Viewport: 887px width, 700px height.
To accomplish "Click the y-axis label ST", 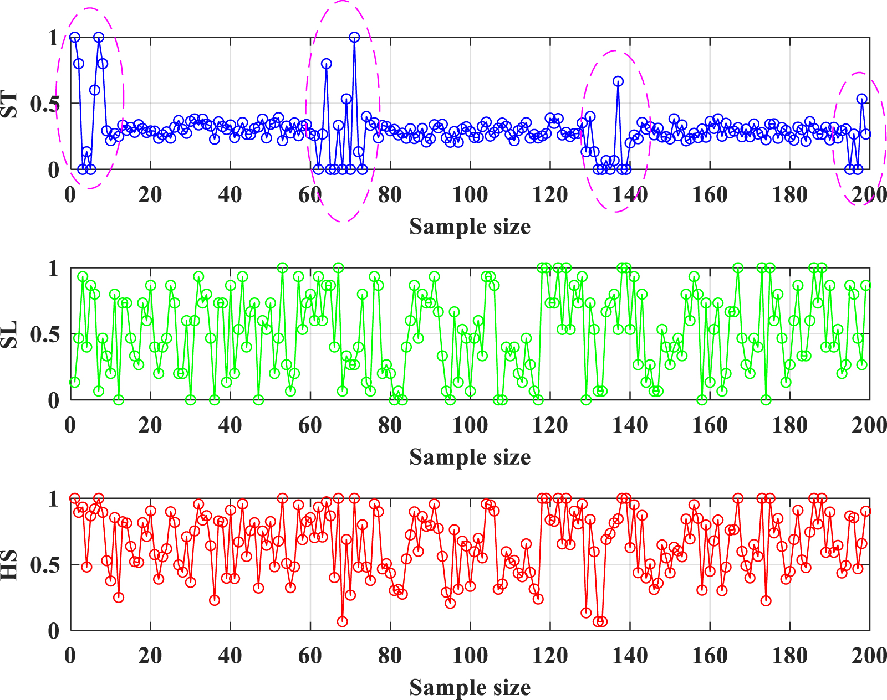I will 9,105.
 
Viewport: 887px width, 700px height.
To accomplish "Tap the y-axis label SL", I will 9,334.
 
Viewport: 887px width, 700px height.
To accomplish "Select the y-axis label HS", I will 9,565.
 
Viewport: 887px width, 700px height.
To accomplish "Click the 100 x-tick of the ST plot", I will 470,195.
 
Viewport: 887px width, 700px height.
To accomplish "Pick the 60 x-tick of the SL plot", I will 310,425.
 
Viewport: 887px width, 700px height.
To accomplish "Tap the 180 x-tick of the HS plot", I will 789,656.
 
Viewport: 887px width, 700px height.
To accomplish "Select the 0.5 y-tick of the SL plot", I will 44,335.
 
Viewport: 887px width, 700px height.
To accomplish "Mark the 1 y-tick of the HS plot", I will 53,500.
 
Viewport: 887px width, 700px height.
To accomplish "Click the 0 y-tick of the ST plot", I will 53,170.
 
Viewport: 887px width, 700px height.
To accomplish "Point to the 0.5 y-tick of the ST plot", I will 44,104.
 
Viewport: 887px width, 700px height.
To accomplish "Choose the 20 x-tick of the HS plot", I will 150,656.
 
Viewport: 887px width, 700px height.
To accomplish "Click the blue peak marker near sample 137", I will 618,81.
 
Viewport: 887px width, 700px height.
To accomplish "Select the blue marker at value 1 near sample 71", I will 354,37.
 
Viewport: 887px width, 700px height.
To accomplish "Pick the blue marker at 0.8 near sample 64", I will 327,64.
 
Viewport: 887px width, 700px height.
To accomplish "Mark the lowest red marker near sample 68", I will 342,621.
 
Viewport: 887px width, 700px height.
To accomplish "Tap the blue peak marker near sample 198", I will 861,99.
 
